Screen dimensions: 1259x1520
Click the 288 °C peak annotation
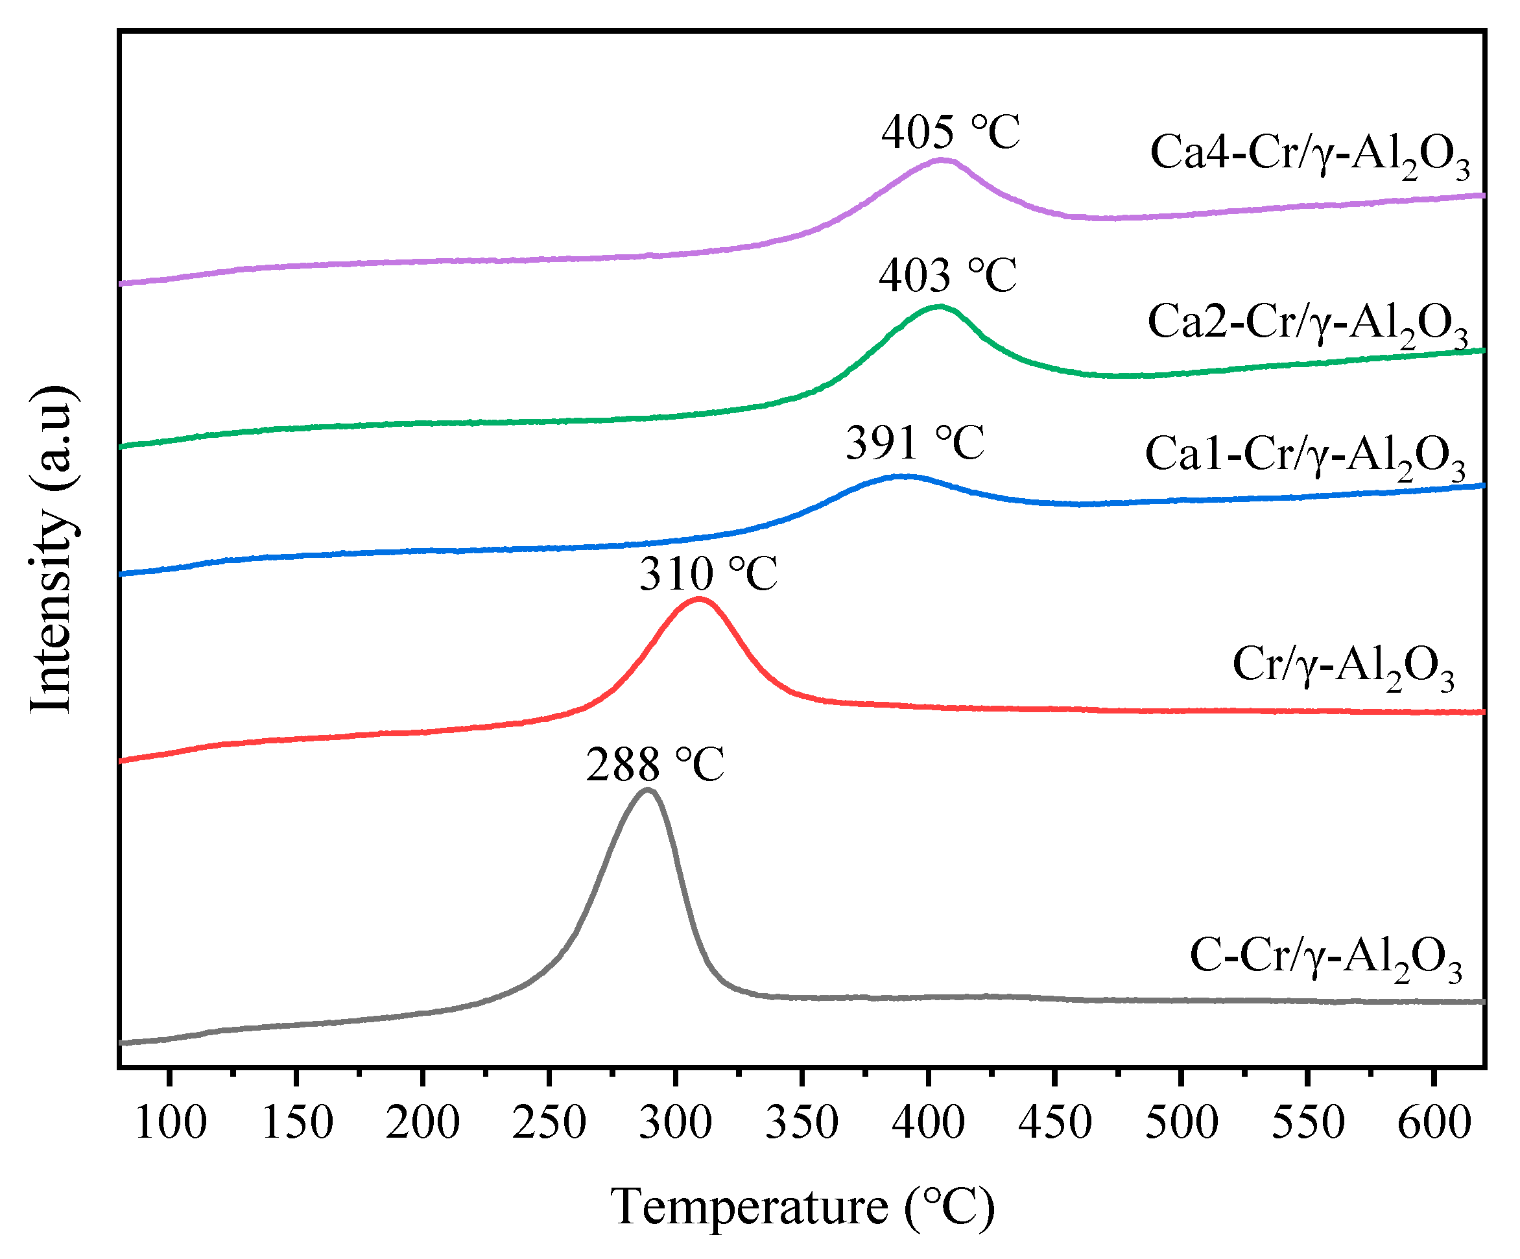click(x=655, y=765)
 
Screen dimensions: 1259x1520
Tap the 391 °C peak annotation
click(x=915, y=443)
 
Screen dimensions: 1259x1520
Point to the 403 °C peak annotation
click(x=947, y=276)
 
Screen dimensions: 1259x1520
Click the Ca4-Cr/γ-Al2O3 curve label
click(x=1309, y=156)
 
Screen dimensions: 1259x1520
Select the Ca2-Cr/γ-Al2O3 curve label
click(x=1307, y=324)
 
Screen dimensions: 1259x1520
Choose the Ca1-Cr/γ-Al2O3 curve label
click(x=1305, y=456)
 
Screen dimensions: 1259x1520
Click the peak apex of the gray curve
click(x=647, y=791)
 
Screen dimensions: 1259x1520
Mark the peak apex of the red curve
click(x=698, y=599)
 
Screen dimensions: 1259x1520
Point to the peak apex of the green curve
click(x=939, y=307)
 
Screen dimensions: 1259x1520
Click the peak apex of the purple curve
click(x=942, y=160)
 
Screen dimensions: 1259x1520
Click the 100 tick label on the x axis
click(x=171, y=1123)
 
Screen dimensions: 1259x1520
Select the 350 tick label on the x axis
click(x=802, y=1123)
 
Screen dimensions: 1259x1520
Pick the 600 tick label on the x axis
click(x=1434, y=1123)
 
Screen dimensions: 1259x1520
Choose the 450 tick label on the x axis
click(x=1054, y=1123)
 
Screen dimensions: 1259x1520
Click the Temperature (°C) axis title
click(x=802, y=1207)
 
